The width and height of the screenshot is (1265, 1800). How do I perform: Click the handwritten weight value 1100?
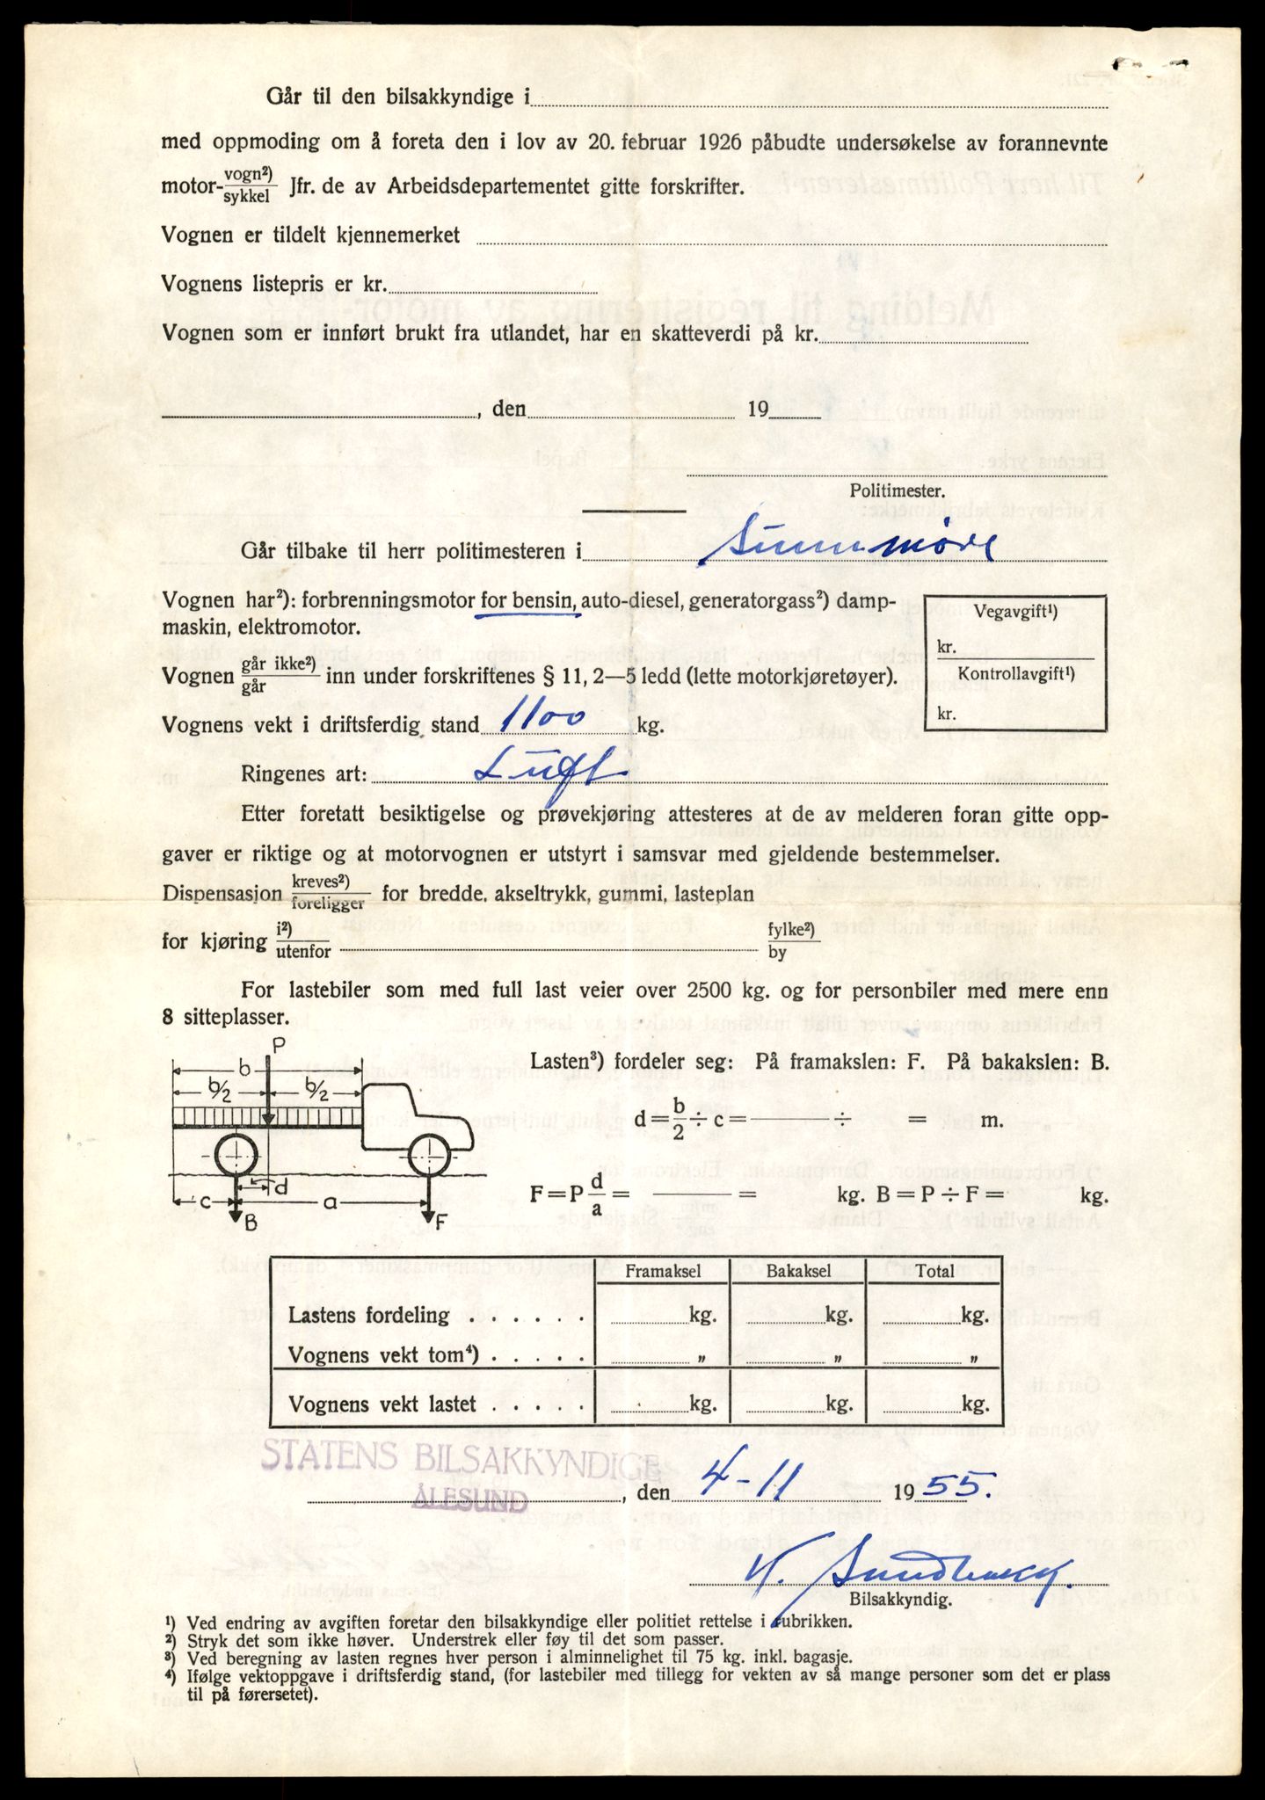coord(542,720)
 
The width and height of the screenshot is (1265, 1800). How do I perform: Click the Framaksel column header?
coord(663,1271)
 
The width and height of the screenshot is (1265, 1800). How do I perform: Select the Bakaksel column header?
coord(798,1271)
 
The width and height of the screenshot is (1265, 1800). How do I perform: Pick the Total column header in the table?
coord(934,1271)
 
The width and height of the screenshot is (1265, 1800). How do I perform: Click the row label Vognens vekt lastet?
coord(382,1404)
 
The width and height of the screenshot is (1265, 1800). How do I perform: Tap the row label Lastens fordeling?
coord(369,1316)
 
